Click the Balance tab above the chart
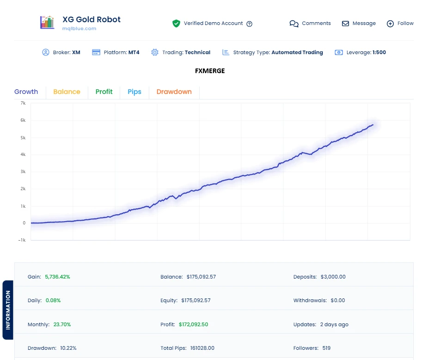(x=67, y=92)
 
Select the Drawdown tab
(x=174, y=92)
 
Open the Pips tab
(x=135, y=92)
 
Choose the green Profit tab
(x=104, y=92)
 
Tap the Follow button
(x=400, y=24)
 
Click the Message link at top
(x=359, y=24)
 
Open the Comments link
(x=310, y=24)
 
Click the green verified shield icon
(x=176, y=24)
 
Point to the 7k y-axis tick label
(x=23, y=103)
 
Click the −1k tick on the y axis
(x=21, y=240)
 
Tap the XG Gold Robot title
(x=92, y=19)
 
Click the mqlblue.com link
(x=79, y=29)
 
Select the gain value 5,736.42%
(x=57, y=277)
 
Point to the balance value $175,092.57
(x=201, y=277)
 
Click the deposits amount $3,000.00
(x=333, y=277)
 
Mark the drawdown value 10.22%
(x=68, y=348)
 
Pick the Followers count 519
(x=326, y=348)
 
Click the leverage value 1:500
(x=379, y=52)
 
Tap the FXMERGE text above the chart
(x=210, y=71)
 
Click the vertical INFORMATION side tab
(x=8, y=310)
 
